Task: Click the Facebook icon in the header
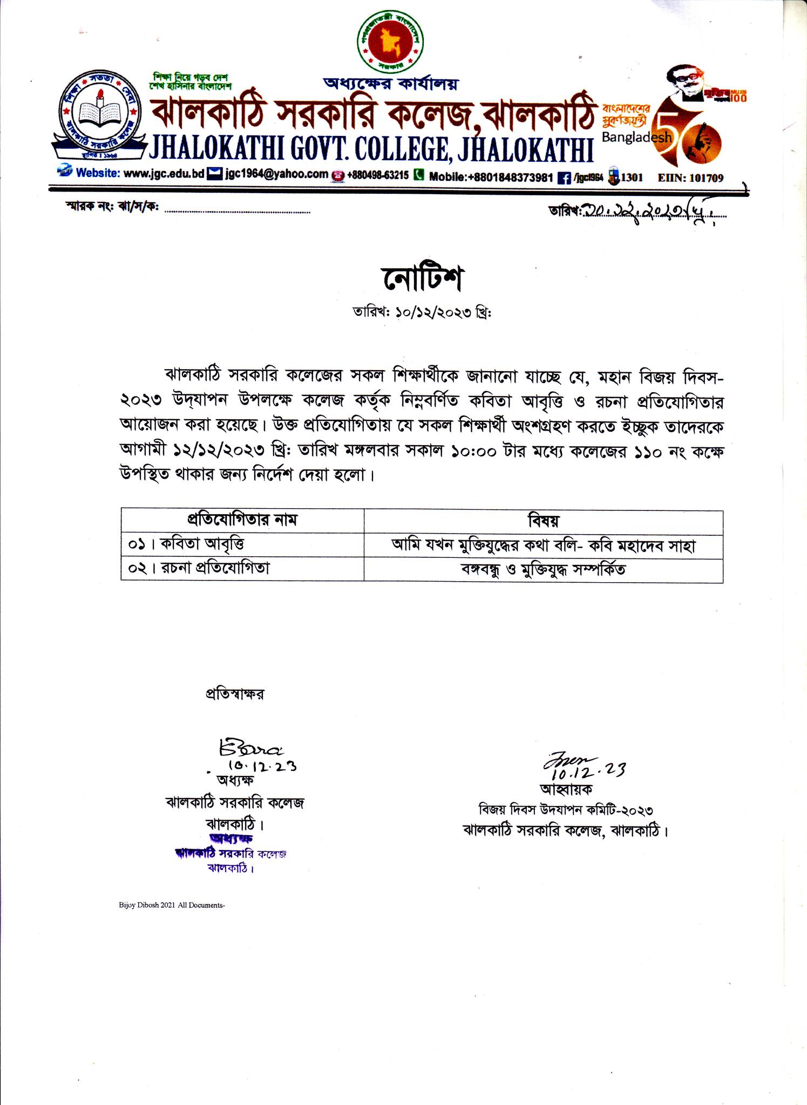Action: pos(564,178)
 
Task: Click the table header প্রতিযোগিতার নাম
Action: pos(242,520)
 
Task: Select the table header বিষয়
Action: pos(543,521)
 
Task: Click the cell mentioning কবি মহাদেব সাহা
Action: pos(543,545)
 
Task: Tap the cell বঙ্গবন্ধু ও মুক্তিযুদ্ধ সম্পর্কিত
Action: pos(543,570)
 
